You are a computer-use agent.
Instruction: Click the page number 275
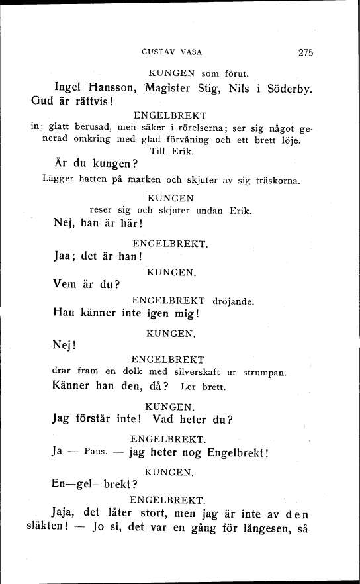(305, 52)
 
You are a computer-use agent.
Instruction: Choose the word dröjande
(234, 301)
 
